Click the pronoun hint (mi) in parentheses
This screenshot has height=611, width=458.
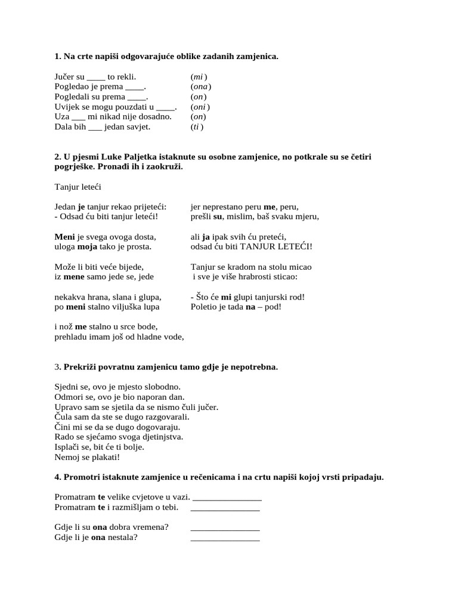[x=199, y=77]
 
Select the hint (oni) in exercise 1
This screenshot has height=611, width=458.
[x=200, y=107]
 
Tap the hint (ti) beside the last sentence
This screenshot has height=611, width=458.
[x=197, y=126]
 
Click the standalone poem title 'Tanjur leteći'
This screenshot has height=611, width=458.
[x=78, y=187]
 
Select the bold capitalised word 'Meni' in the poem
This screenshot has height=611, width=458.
[x=65, y=236]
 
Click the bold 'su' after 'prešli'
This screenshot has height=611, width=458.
[x=218, y=217]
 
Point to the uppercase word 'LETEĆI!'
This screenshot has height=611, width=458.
[x=292, y=246]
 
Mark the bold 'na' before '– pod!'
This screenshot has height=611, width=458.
[x=250, y=307]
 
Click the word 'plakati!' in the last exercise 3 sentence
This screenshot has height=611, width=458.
[x=105, y=457]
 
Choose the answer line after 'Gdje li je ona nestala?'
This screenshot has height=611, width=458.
[x=225, y=539]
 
